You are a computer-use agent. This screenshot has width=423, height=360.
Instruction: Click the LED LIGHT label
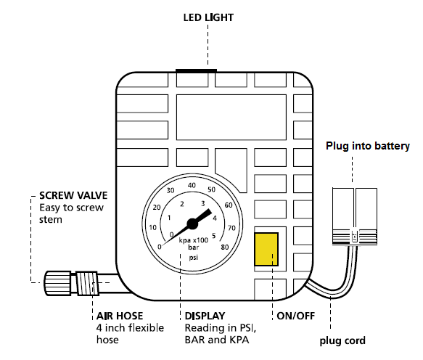coord(208,17)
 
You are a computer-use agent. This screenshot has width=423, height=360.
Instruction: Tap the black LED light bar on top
coord(196,70)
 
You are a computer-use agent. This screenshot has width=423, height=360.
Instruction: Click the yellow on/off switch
coord(266,250)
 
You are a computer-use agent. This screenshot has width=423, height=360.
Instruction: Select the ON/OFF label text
coord(296,316)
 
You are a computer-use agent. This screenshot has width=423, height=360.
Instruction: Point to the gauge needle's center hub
coord(192,224)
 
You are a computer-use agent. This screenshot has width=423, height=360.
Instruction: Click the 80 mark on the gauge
coord(225,247)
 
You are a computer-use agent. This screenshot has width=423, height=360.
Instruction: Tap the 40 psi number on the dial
coord(192,185)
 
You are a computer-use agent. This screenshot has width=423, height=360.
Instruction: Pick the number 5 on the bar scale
coord(213,236)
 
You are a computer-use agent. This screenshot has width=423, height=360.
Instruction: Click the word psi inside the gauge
coord(194,258)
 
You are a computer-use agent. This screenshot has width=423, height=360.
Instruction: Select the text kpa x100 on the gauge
coord(194,240)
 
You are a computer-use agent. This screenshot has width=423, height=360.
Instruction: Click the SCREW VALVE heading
coord(73,195)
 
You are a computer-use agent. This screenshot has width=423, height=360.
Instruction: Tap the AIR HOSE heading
coord(120,316)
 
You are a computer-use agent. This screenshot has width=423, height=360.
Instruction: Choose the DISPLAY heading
coord(205,316)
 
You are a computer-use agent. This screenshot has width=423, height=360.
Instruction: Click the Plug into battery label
coord(368,146)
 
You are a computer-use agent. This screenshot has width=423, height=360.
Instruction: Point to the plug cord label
coord(342,340)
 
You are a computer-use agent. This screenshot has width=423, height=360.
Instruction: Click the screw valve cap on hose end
coord(58,283)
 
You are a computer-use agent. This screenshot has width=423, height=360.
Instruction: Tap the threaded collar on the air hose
coord(87,283)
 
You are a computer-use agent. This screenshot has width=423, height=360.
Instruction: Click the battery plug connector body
coord(355,216)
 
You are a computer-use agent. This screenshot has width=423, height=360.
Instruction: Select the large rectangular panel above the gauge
coord(231,117)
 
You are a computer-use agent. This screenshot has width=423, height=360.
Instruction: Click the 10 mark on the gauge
coord(152,227)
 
